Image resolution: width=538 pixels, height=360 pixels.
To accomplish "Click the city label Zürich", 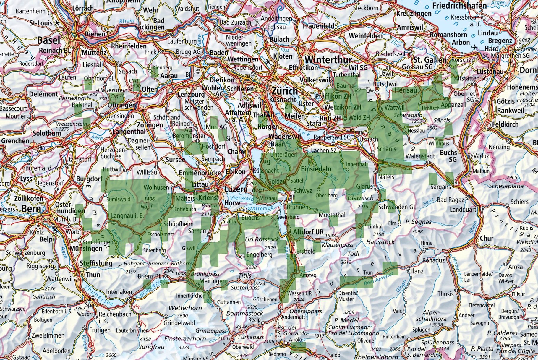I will point(285,90).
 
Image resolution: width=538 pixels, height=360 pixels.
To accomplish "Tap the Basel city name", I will point(48,40).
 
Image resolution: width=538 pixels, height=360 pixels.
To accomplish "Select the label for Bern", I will point(31,209).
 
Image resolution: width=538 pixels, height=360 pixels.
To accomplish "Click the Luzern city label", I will point(236,189).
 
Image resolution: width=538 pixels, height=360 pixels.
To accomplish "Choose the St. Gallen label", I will point(430,60).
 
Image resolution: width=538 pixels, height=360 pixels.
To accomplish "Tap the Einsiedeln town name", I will point(316,169).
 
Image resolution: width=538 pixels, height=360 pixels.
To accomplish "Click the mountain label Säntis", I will point(442,120).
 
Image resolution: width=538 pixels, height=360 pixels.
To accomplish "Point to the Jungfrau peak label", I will point(152,347).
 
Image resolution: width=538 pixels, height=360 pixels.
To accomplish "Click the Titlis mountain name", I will point(245,275).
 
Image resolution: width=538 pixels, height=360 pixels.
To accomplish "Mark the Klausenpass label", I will point(338,245).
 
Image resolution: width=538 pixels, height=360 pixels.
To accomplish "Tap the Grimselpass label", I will point(211,331).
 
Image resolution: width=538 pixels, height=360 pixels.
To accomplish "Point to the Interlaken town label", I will point(119,292).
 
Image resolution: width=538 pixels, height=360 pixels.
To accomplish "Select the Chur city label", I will point(487,238).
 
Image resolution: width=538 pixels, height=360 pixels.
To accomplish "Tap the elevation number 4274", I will point(184,348).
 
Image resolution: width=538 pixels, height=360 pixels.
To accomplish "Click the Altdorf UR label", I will point(308,232).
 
